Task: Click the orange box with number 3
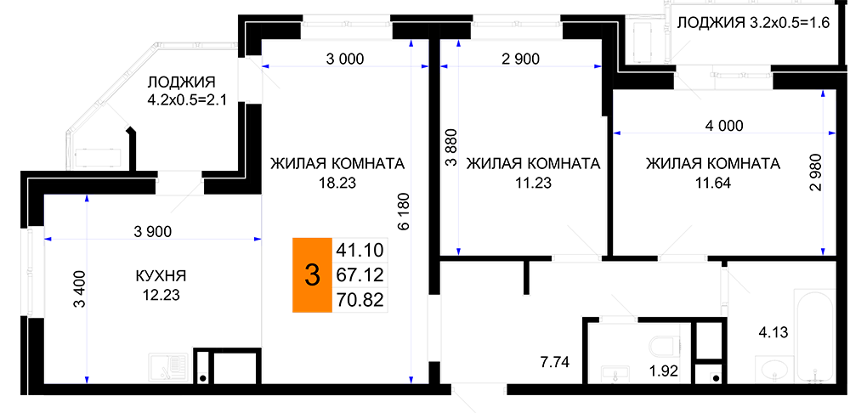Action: (x=312, y=275)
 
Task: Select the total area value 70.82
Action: (x=360, y=300)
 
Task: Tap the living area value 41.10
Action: (x=360, y=250)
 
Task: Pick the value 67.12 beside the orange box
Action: (x=360, y=274)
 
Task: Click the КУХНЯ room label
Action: (x=161, y=276)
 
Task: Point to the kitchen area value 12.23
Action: (x=160, y=296)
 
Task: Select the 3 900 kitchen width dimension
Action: (x=152, y=231)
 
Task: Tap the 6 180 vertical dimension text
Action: (x=402, y=213)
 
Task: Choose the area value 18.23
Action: (x=337, y=184)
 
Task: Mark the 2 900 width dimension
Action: (x=521, y=59)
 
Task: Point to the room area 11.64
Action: (x=713, y=184)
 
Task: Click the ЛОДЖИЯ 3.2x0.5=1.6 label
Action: (x=754, y=23)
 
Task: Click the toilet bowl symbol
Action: (x=665, y=344)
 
